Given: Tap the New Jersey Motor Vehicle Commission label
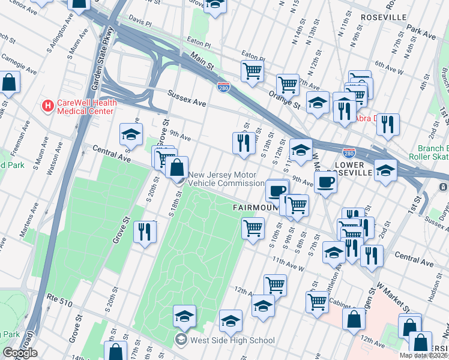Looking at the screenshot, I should coord(226,179).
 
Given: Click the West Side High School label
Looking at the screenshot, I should coord(232,340).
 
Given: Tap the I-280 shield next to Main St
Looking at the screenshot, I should coord(223,88).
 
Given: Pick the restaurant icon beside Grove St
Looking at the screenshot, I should coord(144,232).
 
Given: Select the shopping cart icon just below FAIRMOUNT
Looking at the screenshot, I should coord(253,227).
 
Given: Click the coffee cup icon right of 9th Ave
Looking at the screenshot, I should coord(325,181).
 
